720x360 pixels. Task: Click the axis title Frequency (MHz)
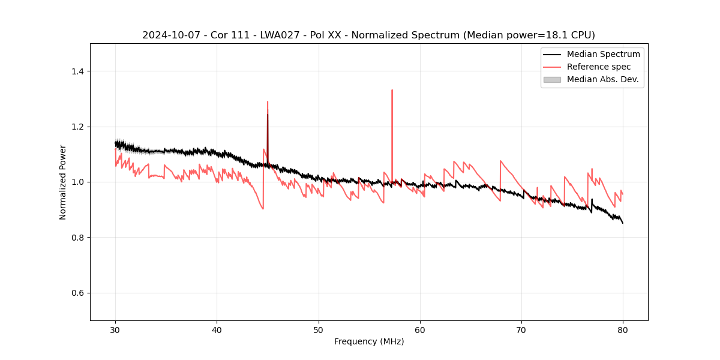click(369, 341)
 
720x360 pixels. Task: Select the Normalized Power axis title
click(63, 182)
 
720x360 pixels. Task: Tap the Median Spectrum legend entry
click(603, 54)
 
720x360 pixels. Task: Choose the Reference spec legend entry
click(599, 67)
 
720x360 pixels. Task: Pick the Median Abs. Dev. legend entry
click(602, 79)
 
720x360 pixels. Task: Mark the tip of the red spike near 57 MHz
click(392, 90)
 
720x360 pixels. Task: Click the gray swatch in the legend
click(552, 79)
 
